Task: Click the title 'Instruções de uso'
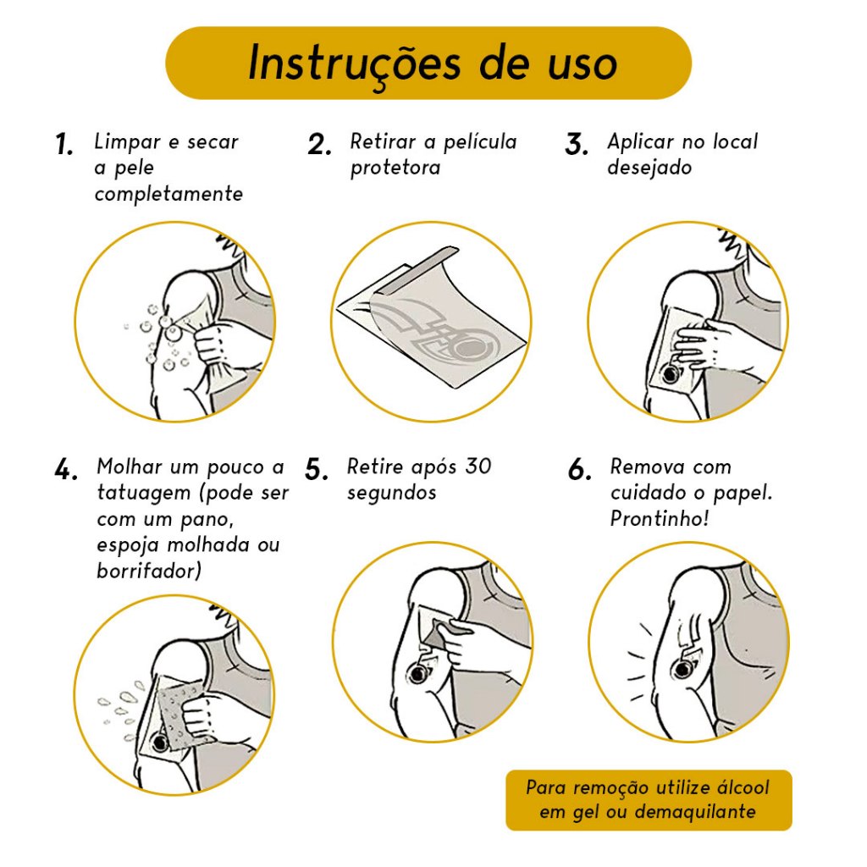(x=433, y=63)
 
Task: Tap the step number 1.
(x=64, y=144)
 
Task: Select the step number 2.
(x=319, y=144)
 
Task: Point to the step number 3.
(x=576, y=144)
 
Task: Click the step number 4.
(x=66, y=470)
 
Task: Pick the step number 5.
(x=317, y=470)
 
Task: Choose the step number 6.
(x=579, y=470)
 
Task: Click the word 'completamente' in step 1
(x=168, y=194)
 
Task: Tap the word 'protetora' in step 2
(x=395, y=168)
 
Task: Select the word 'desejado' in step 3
(x=649, y=167)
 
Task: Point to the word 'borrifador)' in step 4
(x=149, y=571)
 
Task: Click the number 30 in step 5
(x=478, y=467)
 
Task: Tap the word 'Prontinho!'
(x=659, y=518)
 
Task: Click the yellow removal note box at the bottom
(x=649, y=799)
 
